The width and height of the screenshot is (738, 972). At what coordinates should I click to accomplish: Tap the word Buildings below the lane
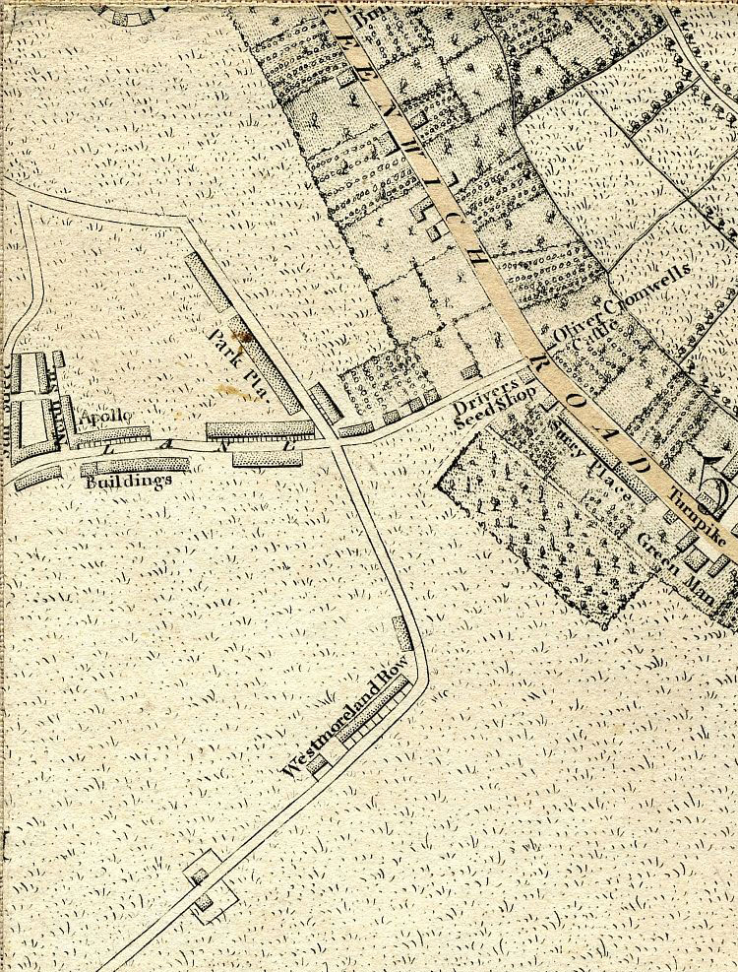pos(128,482)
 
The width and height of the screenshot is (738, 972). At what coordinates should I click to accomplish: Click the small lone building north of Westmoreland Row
pos(401,633)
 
